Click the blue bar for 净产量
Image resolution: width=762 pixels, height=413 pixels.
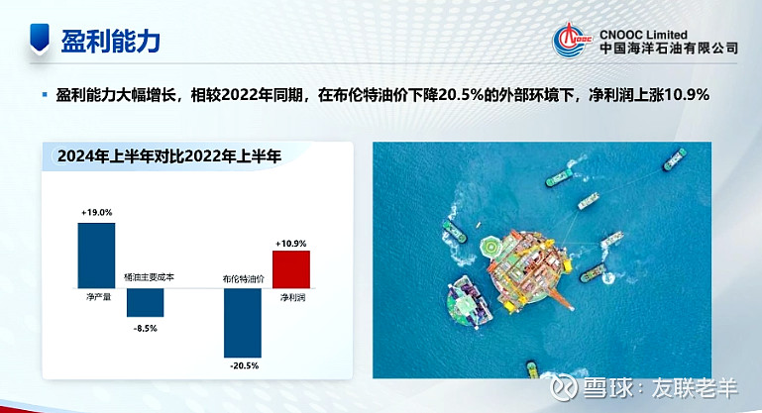point(96,256)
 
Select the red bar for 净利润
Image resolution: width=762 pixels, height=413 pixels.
point(291,269)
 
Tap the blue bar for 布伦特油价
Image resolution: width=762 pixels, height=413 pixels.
point(243,323)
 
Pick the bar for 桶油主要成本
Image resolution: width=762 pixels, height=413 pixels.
point(146,303)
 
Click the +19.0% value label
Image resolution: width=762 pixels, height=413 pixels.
point(97,212)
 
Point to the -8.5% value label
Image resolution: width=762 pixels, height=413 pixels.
point(146,329)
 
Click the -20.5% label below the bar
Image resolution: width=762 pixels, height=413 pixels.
point(244,365)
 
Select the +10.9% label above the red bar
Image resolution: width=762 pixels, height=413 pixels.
point(291,244)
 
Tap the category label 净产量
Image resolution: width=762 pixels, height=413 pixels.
point(99,296)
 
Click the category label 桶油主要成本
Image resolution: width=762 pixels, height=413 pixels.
point(150,277)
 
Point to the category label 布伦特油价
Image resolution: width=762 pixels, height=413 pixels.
point(244,279)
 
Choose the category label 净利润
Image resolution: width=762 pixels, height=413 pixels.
point(292,297)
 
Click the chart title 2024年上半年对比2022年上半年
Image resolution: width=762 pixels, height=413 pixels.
point(169,156)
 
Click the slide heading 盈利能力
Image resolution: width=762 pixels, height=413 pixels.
point(111,41)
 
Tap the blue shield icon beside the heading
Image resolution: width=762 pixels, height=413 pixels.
point(40,38)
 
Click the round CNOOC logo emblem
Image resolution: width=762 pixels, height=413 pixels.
point(572,40)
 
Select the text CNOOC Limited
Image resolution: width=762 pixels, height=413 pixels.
point(643,35)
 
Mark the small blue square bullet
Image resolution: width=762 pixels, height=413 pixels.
point(45,95)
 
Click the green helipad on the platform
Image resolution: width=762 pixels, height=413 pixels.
point(491,248)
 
